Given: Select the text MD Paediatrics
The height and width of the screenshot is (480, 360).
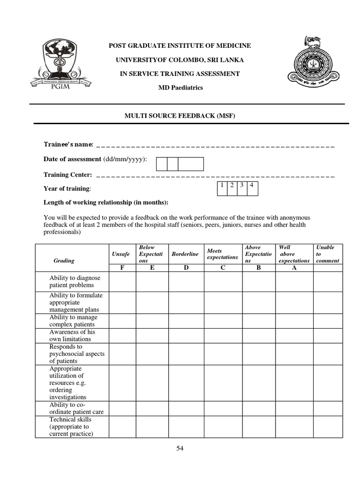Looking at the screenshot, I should [x=180, y=88].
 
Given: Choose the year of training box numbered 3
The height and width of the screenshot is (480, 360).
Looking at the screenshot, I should [x=242, y=186].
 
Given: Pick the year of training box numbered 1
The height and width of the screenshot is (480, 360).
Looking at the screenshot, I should [x=220, y=186].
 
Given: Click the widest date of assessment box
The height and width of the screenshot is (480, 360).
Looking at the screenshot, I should [x=191, y=164].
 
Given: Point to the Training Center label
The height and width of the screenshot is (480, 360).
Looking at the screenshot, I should [x=68, y=175].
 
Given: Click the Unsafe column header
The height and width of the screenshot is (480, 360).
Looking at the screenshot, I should [x=121, y=254].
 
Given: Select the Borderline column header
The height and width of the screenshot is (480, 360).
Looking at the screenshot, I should [x=185, y=254].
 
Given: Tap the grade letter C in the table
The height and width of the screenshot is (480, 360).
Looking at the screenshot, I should [x=223, y=268].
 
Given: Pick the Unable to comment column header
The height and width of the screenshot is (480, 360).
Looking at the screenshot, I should [x=327, y=254].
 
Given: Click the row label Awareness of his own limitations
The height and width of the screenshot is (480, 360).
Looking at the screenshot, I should [x=72, y=335].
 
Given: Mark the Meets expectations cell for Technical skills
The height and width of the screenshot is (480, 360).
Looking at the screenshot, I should [x=223, y=426].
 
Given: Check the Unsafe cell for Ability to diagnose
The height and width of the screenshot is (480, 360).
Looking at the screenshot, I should [x=122, y=282].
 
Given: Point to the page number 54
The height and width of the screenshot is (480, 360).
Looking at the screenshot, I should [x=180, y=449].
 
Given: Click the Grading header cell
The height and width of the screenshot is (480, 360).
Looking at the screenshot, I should [x=64, y=260].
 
